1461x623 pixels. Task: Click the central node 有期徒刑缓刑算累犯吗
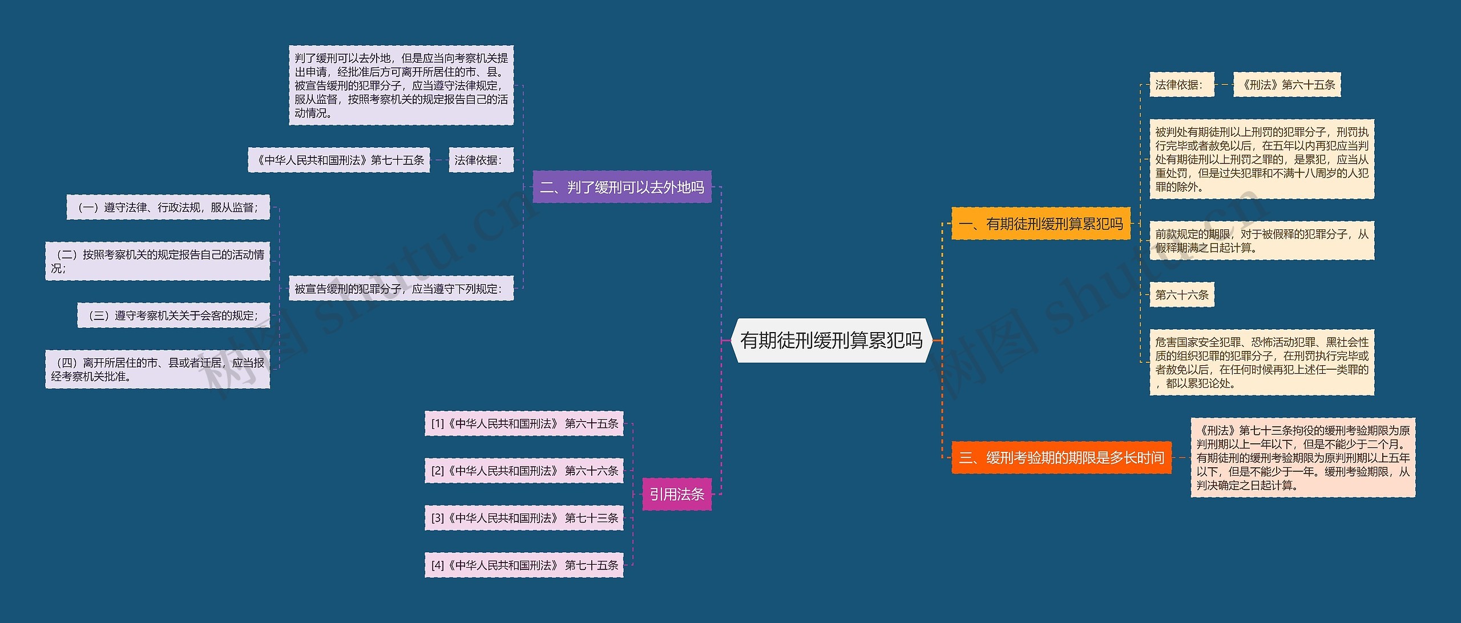click(x=831, y=341)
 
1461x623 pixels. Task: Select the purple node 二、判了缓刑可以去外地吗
click(x=622, y=187)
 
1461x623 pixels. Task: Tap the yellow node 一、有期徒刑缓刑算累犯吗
click(x=1040, y=224)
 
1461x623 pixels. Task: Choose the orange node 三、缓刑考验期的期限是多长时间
click(x=1062, y=458)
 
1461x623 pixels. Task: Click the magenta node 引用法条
click(x=677, y=494)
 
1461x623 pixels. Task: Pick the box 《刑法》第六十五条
click(x=1287, y=85)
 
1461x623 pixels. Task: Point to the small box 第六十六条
click(x=1182, y=295)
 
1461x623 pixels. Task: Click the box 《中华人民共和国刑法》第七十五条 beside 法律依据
click(x=339, y=160)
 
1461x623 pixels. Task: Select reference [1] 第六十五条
click(x=524, y=424)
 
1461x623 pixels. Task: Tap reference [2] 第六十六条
click(x=524, y=471)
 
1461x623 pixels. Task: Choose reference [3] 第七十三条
click(x=524, y=518)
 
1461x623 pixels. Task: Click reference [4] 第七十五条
click(x=524, y=565)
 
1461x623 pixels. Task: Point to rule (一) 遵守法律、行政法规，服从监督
click(x=168, y=208)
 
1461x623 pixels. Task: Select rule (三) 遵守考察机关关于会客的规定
click(x=173, y=315)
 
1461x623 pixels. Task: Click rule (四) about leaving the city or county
click(x=158, y=370)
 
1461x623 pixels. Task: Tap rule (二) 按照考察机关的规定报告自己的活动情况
click(x=158, y=261)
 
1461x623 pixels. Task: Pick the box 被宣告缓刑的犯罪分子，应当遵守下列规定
click(x=401, y=289)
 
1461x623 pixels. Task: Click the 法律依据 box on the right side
click(x=1181, y=85)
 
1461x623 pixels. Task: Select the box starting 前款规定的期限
click(x=1262, y=241)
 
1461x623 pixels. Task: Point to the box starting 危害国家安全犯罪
click(x=1262, y=363)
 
